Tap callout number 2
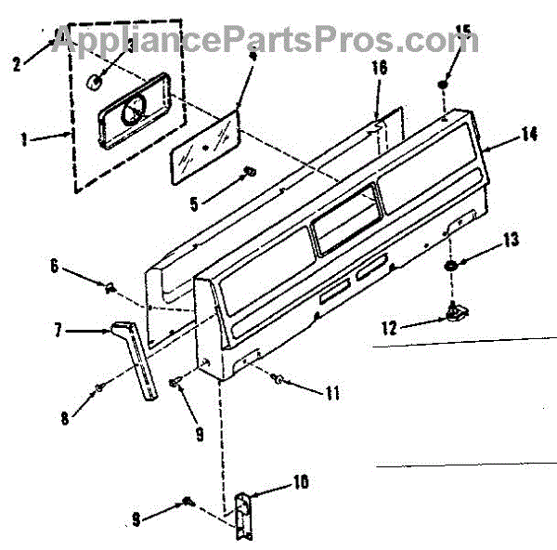click(x=17, y=63)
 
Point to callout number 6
click(x=54, y=268)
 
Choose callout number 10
click(x=302, y=482)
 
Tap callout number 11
click(x=332, y=394)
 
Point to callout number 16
click(x=379, y=67)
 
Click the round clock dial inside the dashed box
click(x=134, y=114)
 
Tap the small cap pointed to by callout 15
click(x=444, y=85)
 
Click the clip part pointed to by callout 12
click(x=454, y=313)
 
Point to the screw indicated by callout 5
click(x=248, y=173)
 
